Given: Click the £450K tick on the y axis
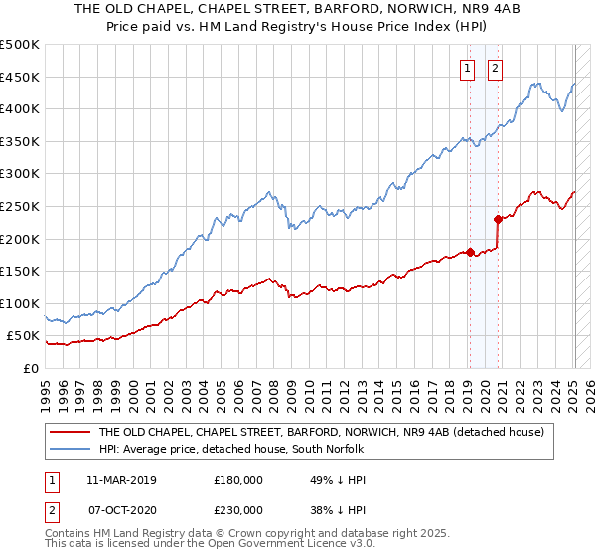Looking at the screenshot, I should [20, 77].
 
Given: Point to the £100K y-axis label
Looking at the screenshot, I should [20, 303].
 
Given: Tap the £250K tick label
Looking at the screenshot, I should [20, 206].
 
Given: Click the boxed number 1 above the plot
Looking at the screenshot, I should [468, 69].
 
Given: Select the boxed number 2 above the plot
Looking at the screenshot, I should [495, 69].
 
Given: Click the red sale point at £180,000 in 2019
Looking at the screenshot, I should [469, 252].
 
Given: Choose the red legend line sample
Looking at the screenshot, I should [70, 433].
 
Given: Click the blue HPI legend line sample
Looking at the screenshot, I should [70, 450].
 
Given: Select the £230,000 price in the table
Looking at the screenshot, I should [237, 509].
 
